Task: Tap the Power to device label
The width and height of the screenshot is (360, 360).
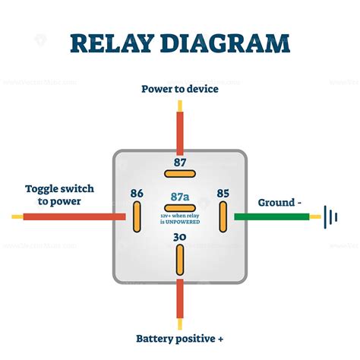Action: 180,89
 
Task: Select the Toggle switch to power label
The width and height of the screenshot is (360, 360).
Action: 53,194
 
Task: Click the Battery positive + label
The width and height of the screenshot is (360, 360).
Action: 180,338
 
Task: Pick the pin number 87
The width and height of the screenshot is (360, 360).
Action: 180,162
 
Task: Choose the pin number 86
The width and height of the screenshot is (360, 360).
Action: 137,194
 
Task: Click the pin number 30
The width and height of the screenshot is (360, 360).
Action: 180,238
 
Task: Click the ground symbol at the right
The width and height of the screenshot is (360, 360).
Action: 330,216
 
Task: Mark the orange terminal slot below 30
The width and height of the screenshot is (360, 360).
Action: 180,261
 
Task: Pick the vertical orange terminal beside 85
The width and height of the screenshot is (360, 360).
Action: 223,217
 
